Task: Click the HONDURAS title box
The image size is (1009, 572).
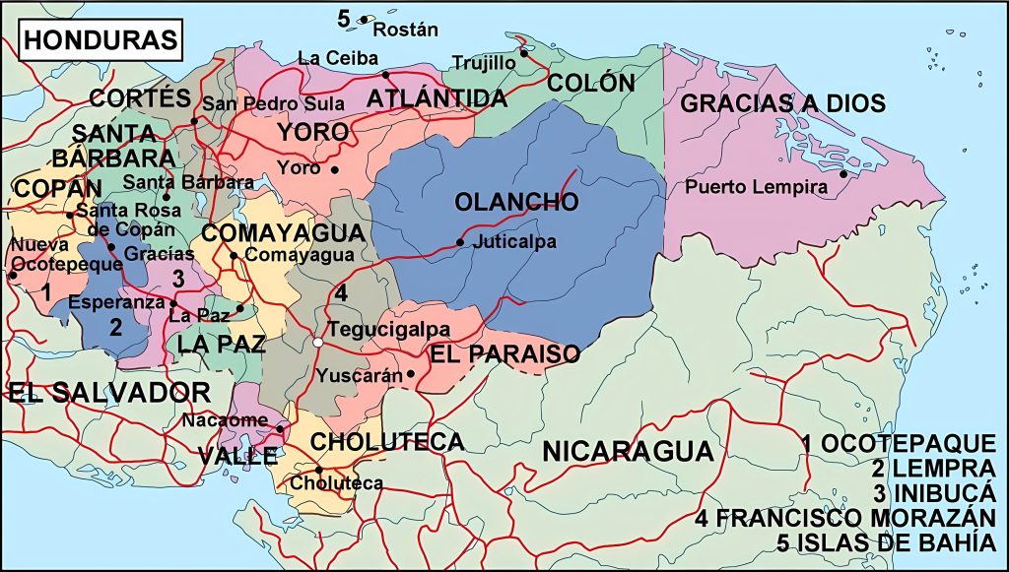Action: point(101,40)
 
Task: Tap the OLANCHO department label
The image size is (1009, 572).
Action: point(516,203)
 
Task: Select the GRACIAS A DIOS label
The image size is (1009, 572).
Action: point(782,103)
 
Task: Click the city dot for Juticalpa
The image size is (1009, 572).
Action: point(460,242)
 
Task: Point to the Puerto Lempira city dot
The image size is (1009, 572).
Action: point(843,175)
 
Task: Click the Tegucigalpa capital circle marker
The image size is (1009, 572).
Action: point(317,342)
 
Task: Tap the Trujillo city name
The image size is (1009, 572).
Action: point(484,63)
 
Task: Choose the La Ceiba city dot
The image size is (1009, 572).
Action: point(386,75)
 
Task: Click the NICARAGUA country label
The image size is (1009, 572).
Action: point(628,452)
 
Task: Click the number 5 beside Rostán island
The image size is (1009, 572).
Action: point(343,18)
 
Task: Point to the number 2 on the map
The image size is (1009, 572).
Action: point(114,328)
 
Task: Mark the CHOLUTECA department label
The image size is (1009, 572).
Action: point(387,441)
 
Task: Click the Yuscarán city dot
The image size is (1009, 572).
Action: point(411,374)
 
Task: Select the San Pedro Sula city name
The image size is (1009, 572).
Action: point(273,103)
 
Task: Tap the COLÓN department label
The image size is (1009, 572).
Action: point(591,83)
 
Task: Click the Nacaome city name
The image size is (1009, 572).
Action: point(226,420)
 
